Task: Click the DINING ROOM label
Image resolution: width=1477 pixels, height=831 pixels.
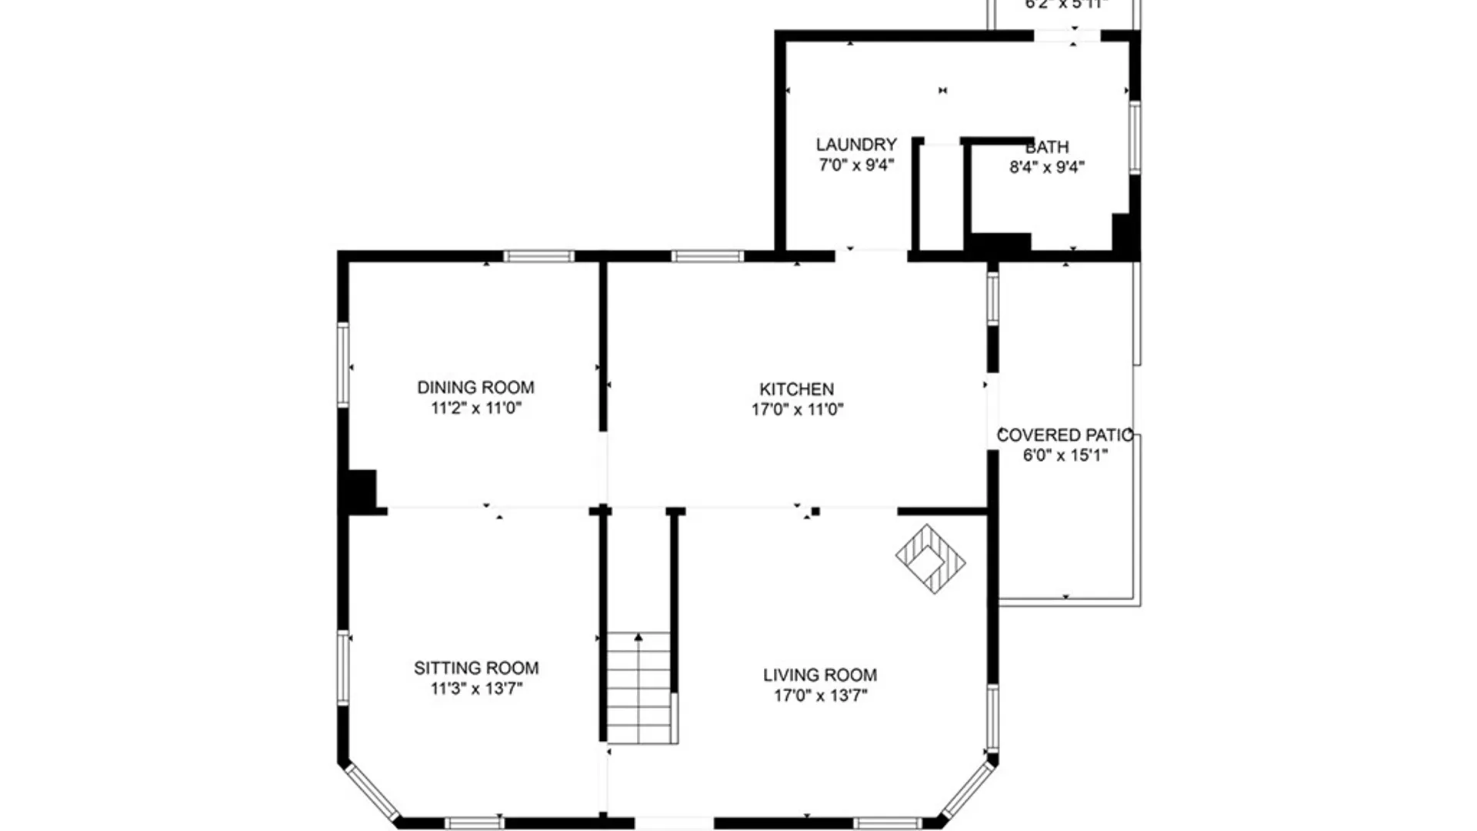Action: [x=475, y=387]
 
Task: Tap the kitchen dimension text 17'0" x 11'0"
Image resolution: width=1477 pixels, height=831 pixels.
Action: [x=797, y=409]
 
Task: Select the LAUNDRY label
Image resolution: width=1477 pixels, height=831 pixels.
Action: [x=855, y=145]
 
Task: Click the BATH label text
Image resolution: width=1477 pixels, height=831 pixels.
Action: [x=1047, y=147]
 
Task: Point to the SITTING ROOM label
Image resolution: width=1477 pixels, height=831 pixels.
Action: [x=475, y=668]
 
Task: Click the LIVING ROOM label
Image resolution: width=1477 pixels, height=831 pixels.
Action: [x=819, y=675]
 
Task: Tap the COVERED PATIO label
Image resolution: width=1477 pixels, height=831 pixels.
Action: [x=1064, y=435]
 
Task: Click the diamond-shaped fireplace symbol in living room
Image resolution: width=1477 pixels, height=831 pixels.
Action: [x=930, y=559]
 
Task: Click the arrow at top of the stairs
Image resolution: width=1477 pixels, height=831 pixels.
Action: [x=638, y=637]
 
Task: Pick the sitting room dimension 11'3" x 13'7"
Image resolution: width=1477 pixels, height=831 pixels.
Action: [x=475, y=689]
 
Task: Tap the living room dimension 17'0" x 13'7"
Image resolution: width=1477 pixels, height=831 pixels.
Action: [x=819, y=696]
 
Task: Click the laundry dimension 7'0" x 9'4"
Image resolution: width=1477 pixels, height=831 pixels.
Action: [x=855, y=165]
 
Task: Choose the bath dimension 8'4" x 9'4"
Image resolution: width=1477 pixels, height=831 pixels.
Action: [x=1046, y=167]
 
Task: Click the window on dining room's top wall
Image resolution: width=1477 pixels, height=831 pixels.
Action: [x=538, y=256]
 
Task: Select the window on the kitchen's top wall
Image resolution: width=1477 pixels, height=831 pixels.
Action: [x=707, y=256]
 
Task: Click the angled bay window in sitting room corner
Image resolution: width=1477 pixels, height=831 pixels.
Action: [x=371, y=790]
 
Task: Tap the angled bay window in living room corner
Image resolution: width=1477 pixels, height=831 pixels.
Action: [x=966, y=789]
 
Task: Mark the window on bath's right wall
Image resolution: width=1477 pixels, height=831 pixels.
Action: [x=1134, y=137]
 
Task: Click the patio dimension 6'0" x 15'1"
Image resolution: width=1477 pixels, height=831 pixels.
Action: [x=1065, y=456]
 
